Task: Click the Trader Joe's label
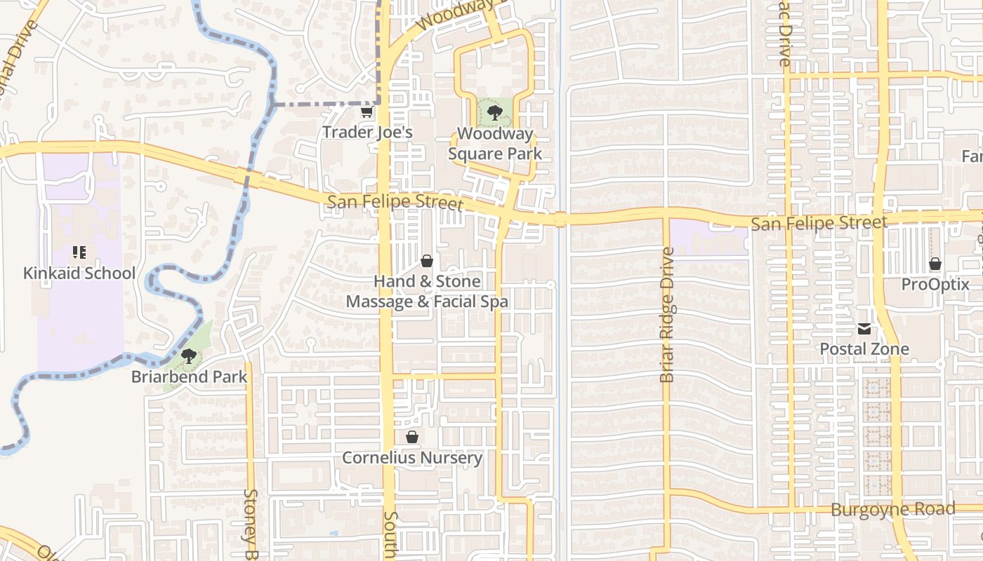coord(367,132)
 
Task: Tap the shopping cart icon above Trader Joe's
coord(367,111)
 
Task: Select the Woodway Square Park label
coord(495,144)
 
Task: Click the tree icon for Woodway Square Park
coord(494,112)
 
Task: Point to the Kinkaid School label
coord(79,273)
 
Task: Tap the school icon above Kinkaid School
coord(79,252)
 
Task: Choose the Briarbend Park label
coord(190,377)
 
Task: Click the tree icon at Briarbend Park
coord(188,356)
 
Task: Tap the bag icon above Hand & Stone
coord(426,262)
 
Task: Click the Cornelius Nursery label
coord(412,458)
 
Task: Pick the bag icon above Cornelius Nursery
coord(412,438)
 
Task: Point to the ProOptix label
coord(935,285)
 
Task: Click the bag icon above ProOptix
coord(935,264)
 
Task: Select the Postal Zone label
coord(864,349)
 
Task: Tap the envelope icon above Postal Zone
coord(864,329)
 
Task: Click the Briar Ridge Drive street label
coord(667,315)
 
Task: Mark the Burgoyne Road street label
coord(893,510)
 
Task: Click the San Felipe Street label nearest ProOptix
coord(819,224)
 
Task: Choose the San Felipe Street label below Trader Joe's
coord(395,203)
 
